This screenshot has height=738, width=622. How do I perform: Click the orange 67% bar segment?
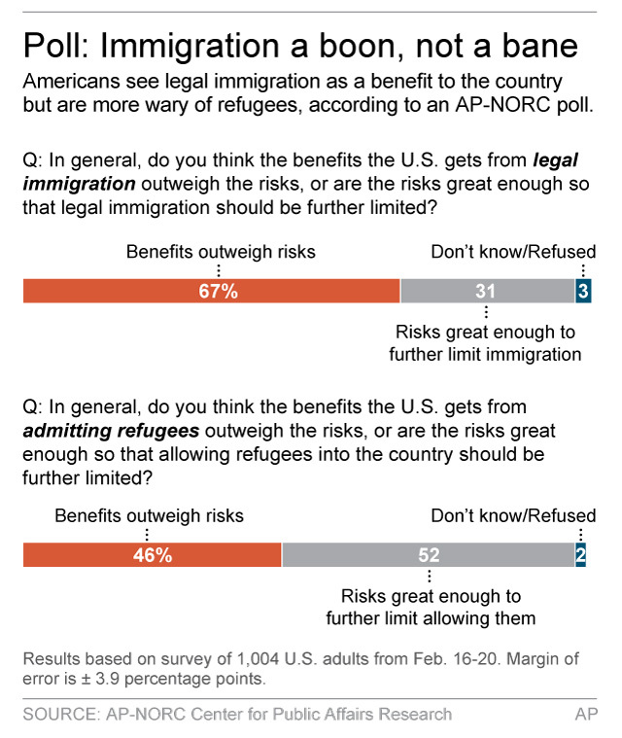pyautogui.click(x=211, y=291)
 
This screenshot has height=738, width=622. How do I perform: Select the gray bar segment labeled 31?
pyautogui.click(x=486, y=291)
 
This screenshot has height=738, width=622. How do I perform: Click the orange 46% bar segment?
pyautogui.click(x=152, y=554)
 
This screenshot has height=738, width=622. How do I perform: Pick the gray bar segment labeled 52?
pyautogui.click(x=428, y=554)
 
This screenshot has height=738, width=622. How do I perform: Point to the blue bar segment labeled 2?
pyautogui.click(x=580, y=554)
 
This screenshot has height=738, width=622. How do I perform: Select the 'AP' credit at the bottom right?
pyautogui.click(x=585, y=714)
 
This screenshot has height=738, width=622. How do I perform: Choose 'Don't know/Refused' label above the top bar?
pyautogui.click(x=513, y=253)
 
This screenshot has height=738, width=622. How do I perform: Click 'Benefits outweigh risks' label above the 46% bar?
pyautogui.click(x=149, y=515)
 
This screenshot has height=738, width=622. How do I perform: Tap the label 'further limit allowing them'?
pyautogui.click(x=432, y=617)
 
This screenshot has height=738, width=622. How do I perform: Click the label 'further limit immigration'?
pyautogui.click(x=485, y=354)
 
